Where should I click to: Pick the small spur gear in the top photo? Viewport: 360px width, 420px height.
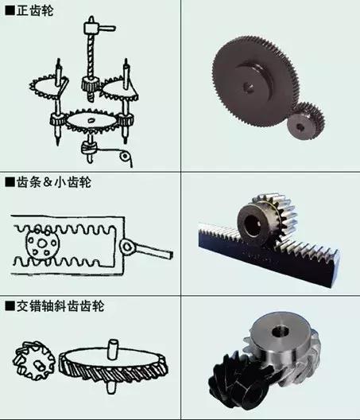pos(301,122)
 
